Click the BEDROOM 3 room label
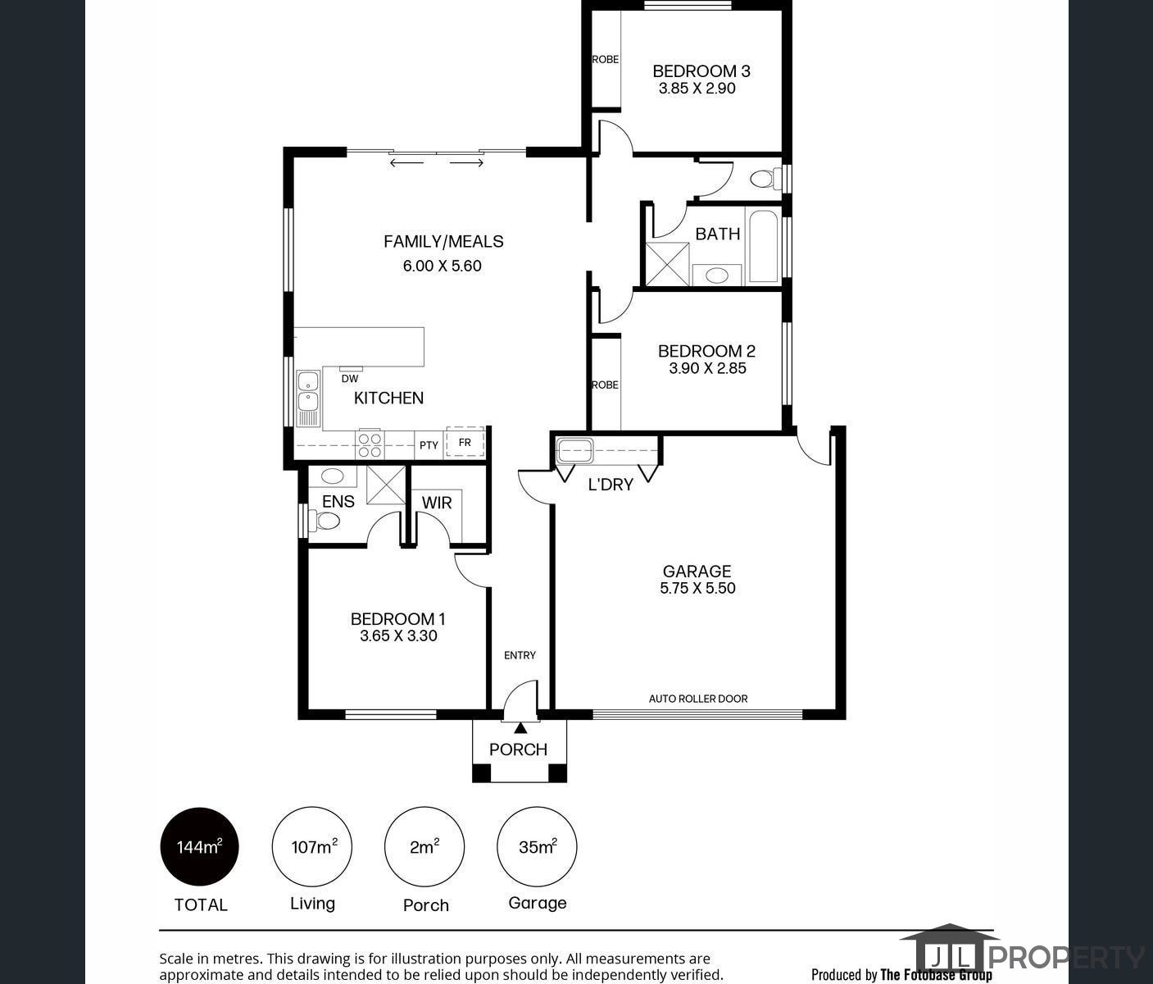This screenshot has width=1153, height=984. [701, 71]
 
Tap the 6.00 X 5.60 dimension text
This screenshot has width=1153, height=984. [442, 266]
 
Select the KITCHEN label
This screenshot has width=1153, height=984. [388, 398]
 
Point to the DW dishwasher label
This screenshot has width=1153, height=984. [350, 379]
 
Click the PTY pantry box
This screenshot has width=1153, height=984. [429, 444]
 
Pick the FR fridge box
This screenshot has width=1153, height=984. [465, 443]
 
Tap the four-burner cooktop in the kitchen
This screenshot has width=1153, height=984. [370, 444]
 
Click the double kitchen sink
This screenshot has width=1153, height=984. [308, 391]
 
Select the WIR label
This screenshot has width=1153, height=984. [436, 503]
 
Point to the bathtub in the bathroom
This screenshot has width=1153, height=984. [763, 246]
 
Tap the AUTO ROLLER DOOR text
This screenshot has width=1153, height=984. [698, 699]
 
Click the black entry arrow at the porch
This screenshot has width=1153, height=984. [520, 727]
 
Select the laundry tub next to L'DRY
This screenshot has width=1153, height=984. [573, 450]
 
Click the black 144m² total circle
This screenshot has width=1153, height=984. [199, 847]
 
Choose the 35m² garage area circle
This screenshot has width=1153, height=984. [537, 847]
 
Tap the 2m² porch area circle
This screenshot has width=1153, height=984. [424, 847]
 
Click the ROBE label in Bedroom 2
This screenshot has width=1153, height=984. [605, 385]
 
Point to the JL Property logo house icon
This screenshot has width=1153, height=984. [949, 951]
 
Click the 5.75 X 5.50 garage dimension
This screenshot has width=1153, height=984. [697, 588]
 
